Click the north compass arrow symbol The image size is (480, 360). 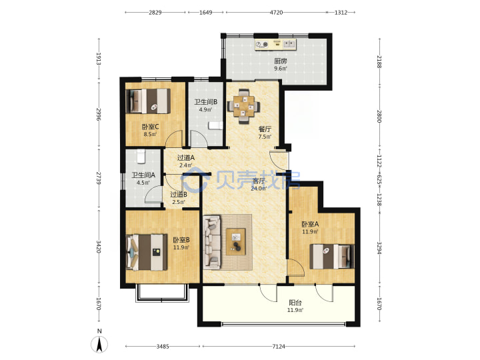pos(99,344)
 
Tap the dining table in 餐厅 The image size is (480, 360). pos(244,106)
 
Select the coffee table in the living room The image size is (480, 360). pos(236,241)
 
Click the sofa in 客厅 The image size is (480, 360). pos(212,243)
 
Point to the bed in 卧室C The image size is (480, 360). pos(148,101)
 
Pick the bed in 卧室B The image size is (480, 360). pos(147,252)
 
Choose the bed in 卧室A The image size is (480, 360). pos(332,256)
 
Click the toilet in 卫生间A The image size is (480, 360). pos(141,156)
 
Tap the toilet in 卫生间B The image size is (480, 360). pos(215,125)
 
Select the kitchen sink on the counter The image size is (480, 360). pos(289,44)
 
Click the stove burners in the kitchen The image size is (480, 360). pos(262,45)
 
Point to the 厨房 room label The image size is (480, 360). pos(281,61)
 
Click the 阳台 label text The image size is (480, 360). pos(295,303)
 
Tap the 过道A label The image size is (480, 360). pos(186,157)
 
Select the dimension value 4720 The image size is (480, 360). pos(276,13)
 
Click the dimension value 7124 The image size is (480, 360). pos(279,347)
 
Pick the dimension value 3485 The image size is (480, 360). pos(163,347)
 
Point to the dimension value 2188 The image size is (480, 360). pos(379,62)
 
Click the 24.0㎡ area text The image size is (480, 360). pos(259,189)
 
